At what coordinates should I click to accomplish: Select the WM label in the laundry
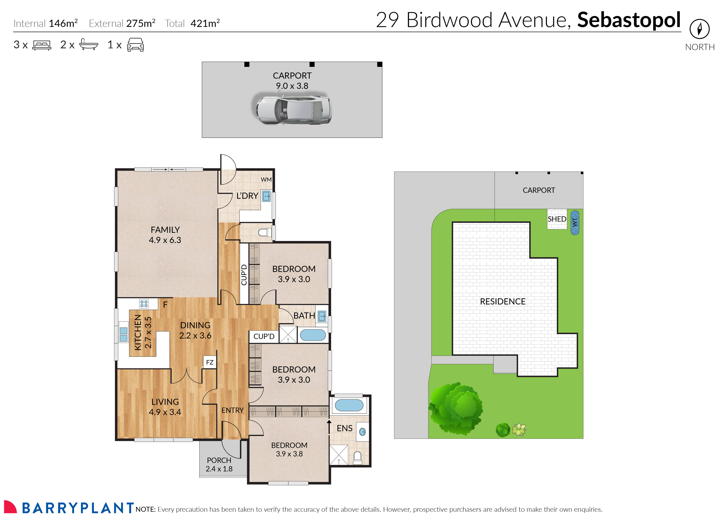click(266, 180)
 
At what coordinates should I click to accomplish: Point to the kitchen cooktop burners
click(144, 304)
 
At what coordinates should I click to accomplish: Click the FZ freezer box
click(210, 362)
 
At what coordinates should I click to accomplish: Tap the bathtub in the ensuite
click(349, 405)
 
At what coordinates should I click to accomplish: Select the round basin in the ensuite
click(362, 432)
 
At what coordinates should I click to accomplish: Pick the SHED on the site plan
click(557, 219)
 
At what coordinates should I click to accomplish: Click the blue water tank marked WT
click(575, 223)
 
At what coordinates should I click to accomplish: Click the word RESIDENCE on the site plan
click(503, 302)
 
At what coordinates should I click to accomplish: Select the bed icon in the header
click(42, 45)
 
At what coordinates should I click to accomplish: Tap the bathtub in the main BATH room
click(313, 335)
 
